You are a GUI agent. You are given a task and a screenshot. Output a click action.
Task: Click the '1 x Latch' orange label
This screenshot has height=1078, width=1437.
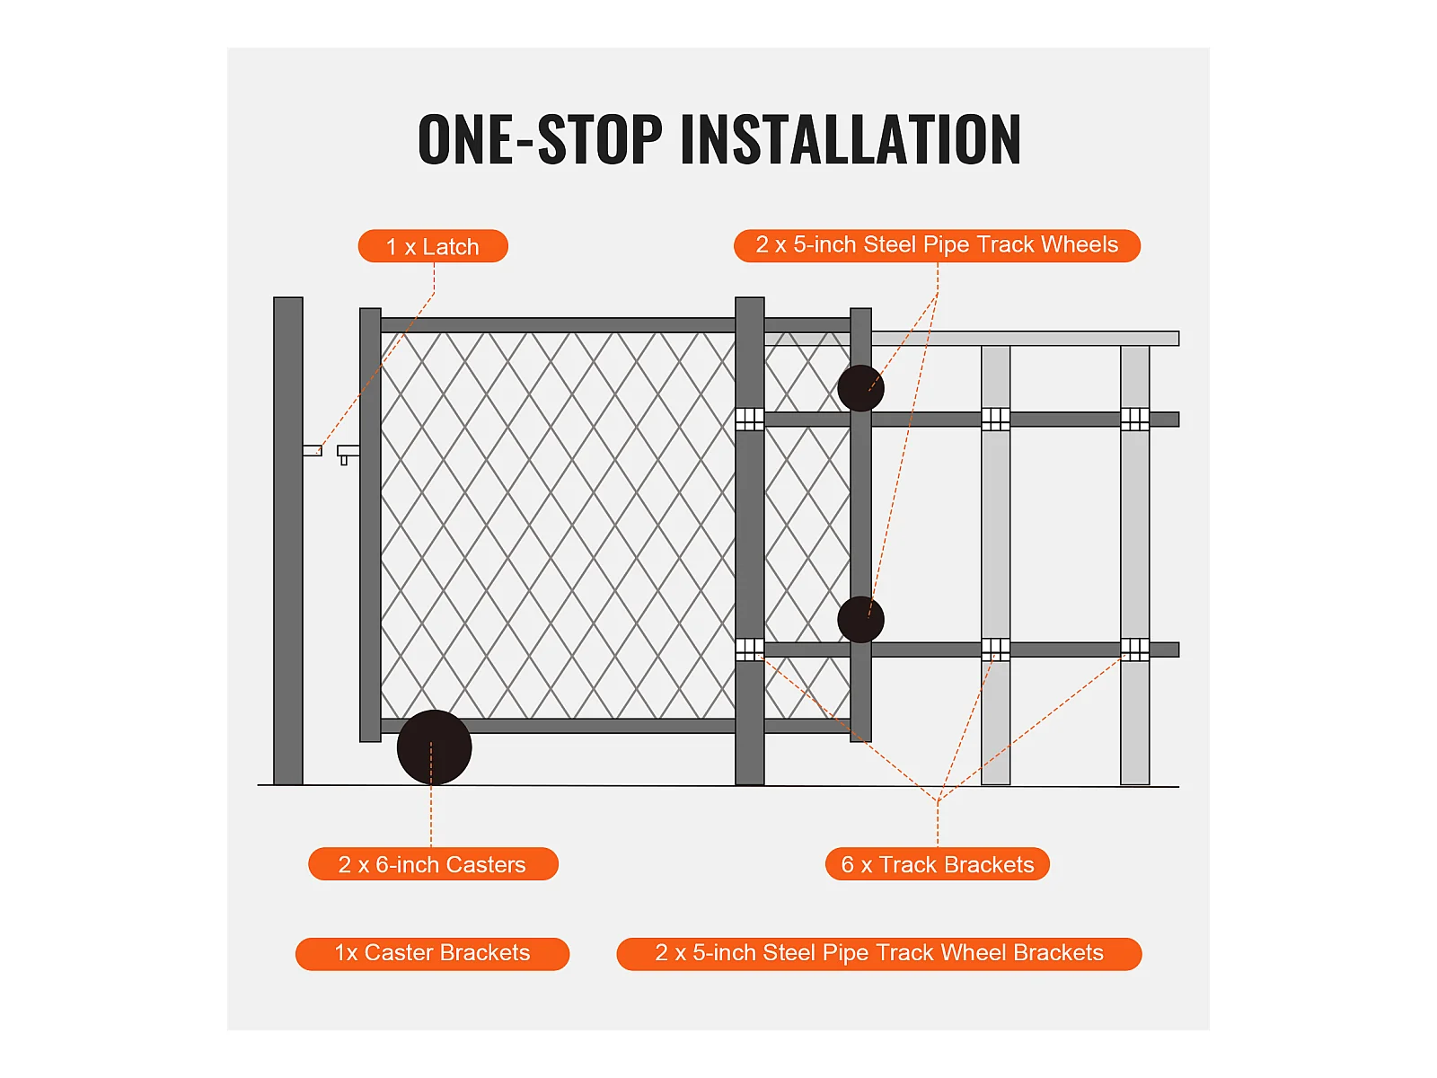pos(433,246)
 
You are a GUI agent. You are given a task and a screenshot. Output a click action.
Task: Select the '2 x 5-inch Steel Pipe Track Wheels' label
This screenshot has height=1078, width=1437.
pos(937,245)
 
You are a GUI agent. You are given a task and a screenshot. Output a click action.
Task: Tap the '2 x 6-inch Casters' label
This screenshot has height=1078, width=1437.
pos(433,864)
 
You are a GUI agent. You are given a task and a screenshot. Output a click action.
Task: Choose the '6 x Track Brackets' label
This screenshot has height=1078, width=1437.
pos(937,864)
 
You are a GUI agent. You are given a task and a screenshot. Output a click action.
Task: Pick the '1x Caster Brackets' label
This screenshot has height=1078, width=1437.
pos(432,954)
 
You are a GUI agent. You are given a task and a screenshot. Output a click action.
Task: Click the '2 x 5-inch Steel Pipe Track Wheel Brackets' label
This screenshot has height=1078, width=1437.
pos(878,954)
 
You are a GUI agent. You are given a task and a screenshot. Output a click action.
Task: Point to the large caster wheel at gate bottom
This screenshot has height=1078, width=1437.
pos(434,747)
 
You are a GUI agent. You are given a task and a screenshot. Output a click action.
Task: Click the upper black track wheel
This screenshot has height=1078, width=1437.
pos(861,388)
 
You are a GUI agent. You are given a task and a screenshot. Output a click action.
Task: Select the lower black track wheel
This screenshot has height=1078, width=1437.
pos(861,619)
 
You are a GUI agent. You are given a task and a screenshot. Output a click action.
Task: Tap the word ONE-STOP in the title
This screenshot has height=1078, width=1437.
pos(540,138)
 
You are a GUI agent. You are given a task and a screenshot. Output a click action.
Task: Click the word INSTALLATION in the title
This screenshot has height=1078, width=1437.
pos(851,138)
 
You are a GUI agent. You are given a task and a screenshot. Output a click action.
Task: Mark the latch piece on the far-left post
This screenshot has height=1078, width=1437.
pos(313,450)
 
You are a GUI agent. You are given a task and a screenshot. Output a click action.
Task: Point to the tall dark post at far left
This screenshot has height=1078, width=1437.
pos(288,541)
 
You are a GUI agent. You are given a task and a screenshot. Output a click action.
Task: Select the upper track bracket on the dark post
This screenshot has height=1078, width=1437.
pos(750,419)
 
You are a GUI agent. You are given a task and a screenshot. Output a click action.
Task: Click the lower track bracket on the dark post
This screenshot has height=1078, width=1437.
pos(750,649)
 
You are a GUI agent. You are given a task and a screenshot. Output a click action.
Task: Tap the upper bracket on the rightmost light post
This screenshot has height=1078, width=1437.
pos(1134,419)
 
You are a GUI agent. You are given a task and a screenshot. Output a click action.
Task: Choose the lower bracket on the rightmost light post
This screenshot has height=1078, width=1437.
pos(1134,649)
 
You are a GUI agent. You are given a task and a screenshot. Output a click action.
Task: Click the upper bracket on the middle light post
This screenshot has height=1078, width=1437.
pos(996,419)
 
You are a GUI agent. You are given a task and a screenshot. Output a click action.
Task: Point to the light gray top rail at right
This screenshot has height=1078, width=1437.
pos(1026,339)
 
